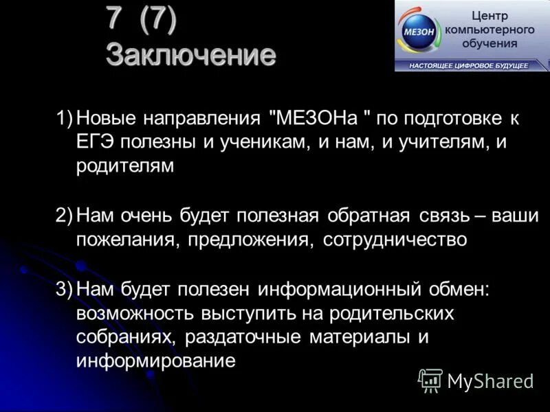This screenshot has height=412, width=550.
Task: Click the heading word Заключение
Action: tap(190, 54)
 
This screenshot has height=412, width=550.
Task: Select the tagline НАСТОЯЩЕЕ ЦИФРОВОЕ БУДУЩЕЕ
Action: tap(469, 65)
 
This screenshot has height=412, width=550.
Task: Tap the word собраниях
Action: tap(120, 337)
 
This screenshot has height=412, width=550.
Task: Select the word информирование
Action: tap(156, 361)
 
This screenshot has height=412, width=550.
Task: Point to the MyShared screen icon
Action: tap(430, 380)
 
